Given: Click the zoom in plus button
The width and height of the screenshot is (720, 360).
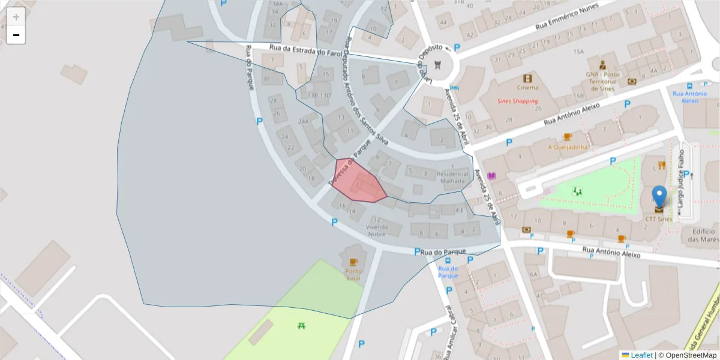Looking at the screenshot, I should (16, 17).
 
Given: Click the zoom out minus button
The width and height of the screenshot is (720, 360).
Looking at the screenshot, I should (16, 35).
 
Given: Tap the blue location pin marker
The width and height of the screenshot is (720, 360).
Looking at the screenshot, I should (659, 196).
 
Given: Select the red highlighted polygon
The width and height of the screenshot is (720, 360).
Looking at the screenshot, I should (359, 181).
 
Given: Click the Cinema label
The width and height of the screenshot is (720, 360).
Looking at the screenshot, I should (527, 87).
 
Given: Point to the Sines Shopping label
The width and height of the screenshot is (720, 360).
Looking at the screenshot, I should (518, 101).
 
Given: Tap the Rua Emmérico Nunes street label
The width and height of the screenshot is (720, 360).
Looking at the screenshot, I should (568, 23).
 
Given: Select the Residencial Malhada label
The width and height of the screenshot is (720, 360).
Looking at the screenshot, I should (451, 177).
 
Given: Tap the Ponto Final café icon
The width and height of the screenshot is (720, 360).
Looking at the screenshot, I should (353, 262).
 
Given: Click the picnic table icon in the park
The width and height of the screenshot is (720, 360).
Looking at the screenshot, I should (302, 326).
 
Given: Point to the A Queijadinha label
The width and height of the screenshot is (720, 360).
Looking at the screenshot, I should (569, 146).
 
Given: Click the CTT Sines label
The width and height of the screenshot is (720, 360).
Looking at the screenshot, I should (659, 219).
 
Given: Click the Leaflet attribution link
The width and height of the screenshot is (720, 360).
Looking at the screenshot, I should (641, 355).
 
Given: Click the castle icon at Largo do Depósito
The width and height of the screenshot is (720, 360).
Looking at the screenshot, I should (437, 64).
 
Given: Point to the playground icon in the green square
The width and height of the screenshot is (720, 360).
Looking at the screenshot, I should (578, 191).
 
